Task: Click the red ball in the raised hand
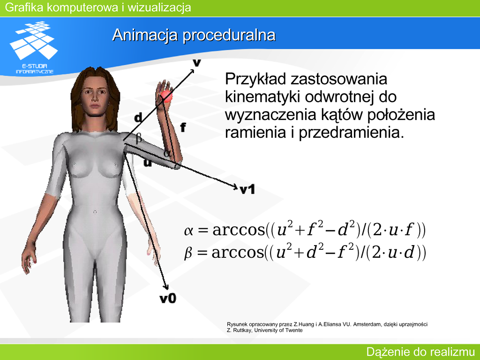pyautogui.click(x=166, y=96)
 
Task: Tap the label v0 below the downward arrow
pyautogui.click(x=168, y=298)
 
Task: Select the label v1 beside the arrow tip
pyautogui.click(x=247, y=190)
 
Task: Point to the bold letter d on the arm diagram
pyautogui.click(x=138, y=117)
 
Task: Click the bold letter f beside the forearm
pyautogui.click(x=183, y=127)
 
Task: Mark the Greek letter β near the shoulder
pyautogui.click(x=139, y=138)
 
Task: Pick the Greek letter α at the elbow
pyautogui.click(x=166, y=152)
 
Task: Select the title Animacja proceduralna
pyautogui.click(x=194, y=35)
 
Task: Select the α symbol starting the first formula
pyautogui.click(x=188, y=231)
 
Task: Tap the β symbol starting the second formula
pyautogui.click(x=188, y=253)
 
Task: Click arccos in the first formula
pyautogui.click(x=239, y=230)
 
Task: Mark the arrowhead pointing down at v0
pyautogui.click(x=165, y=286)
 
